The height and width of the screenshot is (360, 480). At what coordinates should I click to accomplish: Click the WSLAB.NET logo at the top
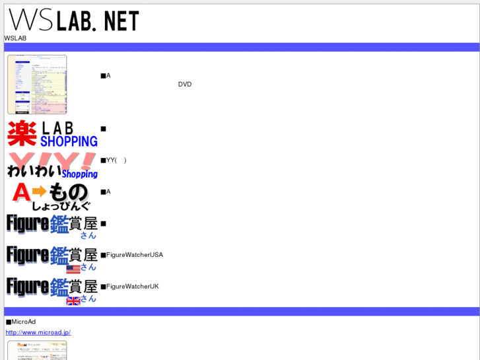click(73, 20)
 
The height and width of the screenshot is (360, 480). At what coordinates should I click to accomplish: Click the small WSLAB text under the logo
click(15, 38)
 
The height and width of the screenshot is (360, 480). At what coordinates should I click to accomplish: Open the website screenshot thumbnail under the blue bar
click(37, 85)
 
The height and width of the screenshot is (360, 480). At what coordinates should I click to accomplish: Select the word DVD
click(185, 85)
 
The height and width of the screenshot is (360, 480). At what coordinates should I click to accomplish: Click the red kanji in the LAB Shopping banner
click(22, 133)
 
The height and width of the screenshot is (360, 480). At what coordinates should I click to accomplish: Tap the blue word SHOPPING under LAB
click(69, 141)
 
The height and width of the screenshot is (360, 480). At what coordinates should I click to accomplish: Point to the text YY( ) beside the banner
click(116, 160)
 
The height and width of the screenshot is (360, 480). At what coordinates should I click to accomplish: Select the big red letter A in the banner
click(21, 192)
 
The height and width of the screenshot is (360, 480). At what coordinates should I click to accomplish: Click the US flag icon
click(73, 269)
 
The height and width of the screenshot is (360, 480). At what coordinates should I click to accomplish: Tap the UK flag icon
click(73, 301)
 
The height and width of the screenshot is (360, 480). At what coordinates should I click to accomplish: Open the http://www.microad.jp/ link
click(38, 332)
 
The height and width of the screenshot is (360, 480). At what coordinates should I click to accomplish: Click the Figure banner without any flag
click(52, 225)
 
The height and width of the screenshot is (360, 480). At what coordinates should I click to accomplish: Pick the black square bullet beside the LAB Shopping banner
click(103, 129)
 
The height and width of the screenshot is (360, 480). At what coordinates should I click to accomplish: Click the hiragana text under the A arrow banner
click(61, 206)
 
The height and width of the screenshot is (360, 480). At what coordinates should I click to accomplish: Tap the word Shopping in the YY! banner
click(79, 174)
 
